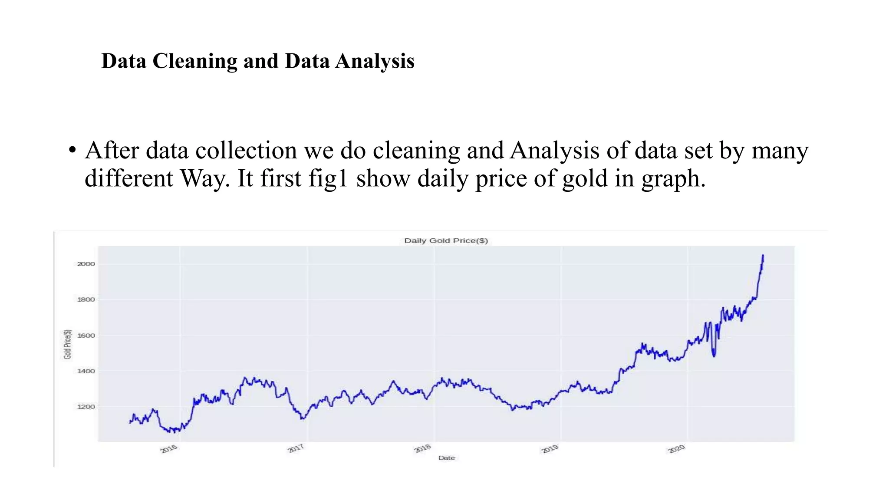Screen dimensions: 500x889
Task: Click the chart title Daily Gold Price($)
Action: tap(446, 240)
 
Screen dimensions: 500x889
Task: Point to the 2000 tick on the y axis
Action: tap(86, 264)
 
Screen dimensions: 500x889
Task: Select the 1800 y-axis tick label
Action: tap(86, 299)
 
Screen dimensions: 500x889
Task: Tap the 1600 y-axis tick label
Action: tap(86, 336)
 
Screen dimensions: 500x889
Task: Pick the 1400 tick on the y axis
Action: tap(86, 371)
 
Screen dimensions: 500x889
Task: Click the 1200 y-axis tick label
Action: tap(86, 407)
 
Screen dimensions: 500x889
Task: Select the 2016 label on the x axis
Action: tap(169, 449)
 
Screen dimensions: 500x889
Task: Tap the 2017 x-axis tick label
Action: tap(296, 449)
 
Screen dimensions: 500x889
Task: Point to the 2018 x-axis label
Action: tap(423, 449)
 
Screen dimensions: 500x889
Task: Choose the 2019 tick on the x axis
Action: tap(550, 449)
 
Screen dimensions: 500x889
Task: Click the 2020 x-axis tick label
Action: tap(676, 449)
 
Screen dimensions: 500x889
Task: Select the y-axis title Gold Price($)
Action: tap(67, 344)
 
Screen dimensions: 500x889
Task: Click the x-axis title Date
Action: tap(446, 458)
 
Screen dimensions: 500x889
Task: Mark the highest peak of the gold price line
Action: tap(763, 256)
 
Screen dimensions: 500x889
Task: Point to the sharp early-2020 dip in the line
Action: tap(714, 355)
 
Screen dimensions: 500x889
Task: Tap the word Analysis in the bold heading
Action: tap(375, 61)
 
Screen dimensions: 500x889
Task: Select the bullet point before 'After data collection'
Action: tap(72, 151)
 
